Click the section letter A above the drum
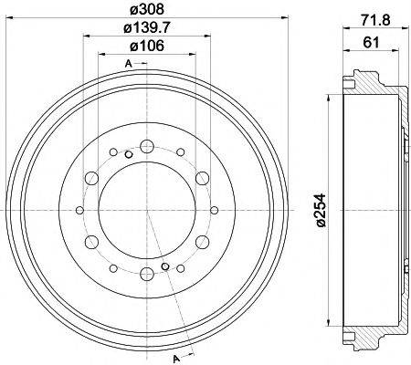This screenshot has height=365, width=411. pos(127,63)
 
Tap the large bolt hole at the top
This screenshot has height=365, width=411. pos(146,145)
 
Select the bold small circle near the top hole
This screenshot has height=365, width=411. pos(129,153)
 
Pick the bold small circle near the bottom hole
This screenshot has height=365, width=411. pos(164,267)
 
